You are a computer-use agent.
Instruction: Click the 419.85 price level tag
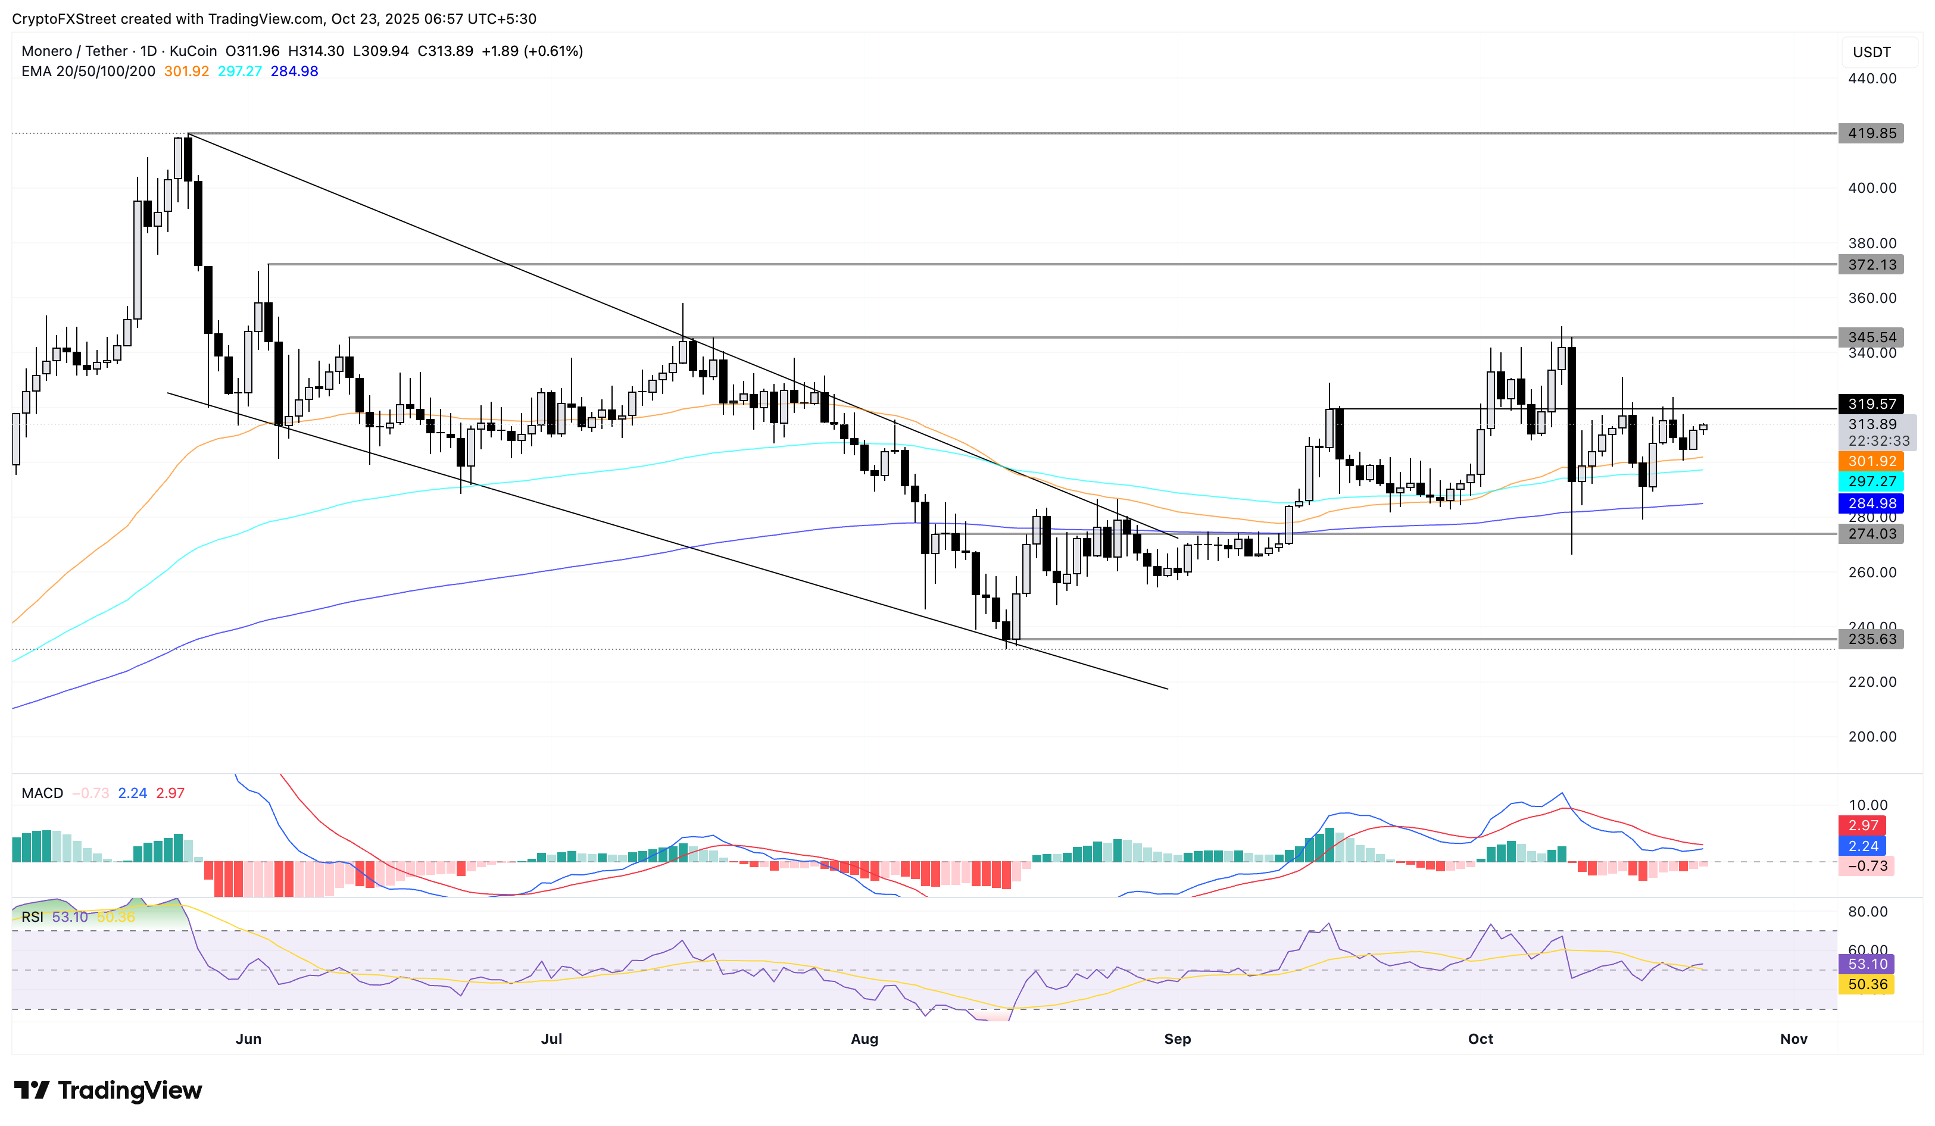(1871, 133)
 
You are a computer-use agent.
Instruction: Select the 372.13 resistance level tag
(1871, 265)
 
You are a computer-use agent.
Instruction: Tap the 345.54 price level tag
(1871, 337)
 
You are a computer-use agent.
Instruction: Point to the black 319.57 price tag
(1871, 404)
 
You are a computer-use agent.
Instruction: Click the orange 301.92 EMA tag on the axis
(1871, 461)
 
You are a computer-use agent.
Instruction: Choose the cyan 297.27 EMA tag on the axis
(1871, 482)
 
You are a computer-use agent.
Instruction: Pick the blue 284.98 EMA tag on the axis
(1871, 503)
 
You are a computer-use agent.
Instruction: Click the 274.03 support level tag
(1871, 534)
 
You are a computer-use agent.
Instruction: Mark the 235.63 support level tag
(1871, 639)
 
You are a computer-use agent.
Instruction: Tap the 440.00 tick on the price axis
(1871, 79)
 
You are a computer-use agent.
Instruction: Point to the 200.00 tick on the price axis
(1871, 737)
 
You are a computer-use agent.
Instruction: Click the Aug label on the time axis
(864, 1039)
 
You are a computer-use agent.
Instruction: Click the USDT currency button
(1871, 52)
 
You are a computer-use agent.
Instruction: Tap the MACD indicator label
(42, 794)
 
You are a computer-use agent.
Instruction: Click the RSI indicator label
(32, 917)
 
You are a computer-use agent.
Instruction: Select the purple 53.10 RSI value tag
(1867, 964)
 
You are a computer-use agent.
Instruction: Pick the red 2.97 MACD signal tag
(1863, 826)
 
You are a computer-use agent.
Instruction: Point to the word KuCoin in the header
(193, 51)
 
